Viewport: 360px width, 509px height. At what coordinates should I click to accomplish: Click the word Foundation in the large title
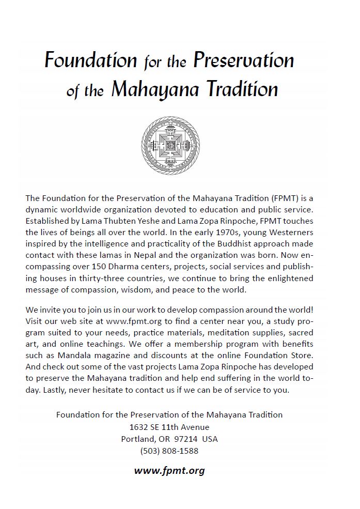click(90, 61)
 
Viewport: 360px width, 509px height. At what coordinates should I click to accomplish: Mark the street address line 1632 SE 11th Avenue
click(169, 427)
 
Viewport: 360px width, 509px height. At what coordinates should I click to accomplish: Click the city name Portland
click(137, 439)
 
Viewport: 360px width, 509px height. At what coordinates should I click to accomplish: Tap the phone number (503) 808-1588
click(169, 451)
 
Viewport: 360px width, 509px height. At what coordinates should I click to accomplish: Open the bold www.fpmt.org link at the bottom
click(169, 470)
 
